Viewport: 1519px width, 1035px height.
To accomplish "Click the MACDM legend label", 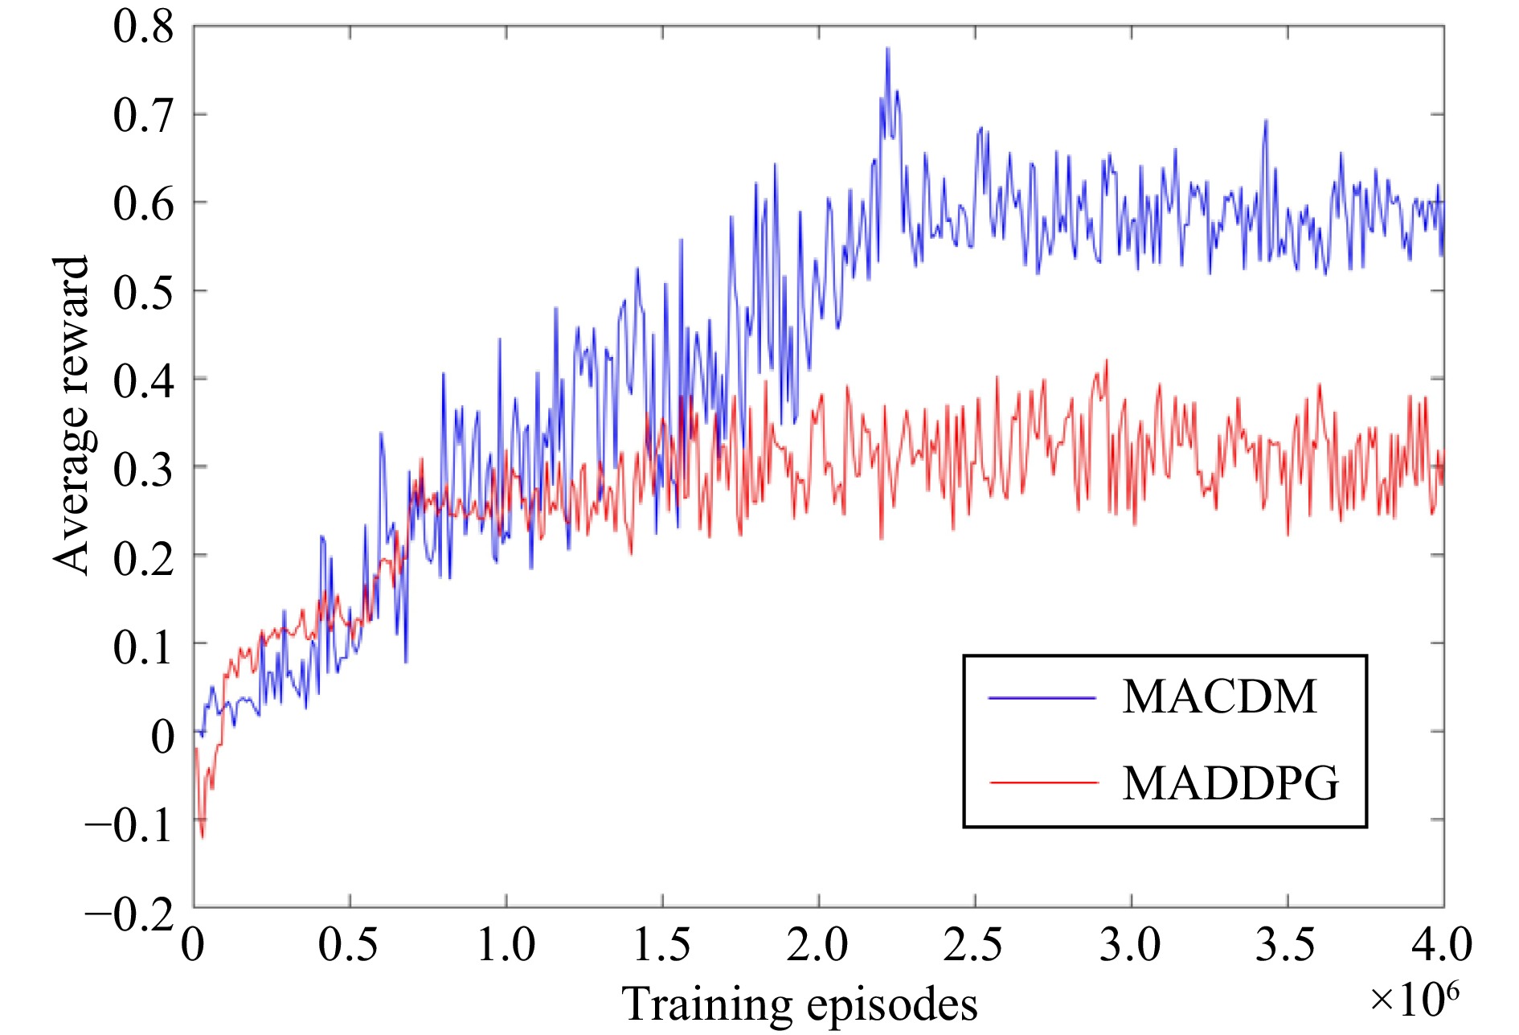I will (1219, 696).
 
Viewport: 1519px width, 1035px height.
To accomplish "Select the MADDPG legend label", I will (1230, 782).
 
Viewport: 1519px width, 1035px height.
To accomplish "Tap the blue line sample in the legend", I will (1042, 698).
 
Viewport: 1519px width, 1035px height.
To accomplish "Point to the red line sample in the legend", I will (1043, 782).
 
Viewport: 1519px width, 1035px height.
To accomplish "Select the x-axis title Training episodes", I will (800, 1004).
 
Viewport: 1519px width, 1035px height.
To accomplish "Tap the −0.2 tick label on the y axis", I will (129, 914).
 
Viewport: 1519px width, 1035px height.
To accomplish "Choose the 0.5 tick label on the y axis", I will (143, 291).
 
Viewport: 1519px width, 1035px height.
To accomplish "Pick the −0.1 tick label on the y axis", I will (129, 825).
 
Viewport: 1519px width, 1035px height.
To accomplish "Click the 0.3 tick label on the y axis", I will (143, 468).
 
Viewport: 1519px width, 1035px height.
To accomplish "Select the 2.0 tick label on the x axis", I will (817, 944).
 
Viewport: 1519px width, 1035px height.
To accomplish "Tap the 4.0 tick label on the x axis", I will (1442, 944).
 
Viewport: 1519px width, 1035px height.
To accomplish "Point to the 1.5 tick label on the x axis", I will (661, 944).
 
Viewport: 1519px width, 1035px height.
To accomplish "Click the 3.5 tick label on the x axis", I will (1287, 944).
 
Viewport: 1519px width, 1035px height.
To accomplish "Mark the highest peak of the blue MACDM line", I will (887, 48).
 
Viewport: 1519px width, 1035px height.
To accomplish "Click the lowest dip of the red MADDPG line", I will (202, 838).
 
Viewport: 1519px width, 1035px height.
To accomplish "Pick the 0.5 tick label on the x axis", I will (349, 944).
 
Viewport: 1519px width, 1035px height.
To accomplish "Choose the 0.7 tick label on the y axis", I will (143, 115).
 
